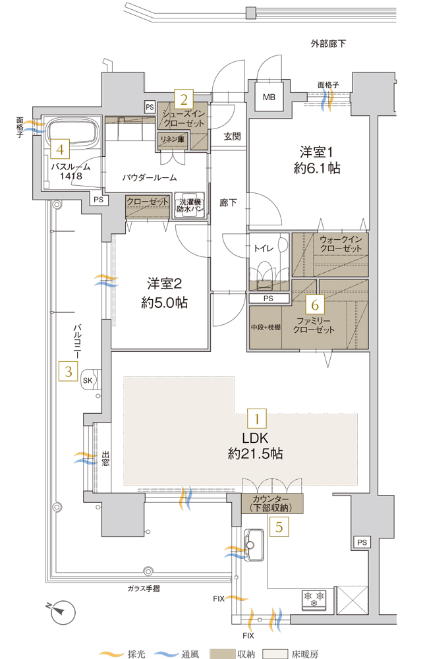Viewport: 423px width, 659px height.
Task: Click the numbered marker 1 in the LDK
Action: pos(256,418)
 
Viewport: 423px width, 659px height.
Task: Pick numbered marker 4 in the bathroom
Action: pos(60,150)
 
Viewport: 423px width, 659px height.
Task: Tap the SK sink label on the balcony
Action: pos(88,380)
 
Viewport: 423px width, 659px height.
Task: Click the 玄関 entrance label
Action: pos(232,136)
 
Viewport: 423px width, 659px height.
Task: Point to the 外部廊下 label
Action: pos(328,44)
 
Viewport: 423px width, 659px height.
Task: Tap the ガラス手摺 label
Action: pos(147,588)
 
